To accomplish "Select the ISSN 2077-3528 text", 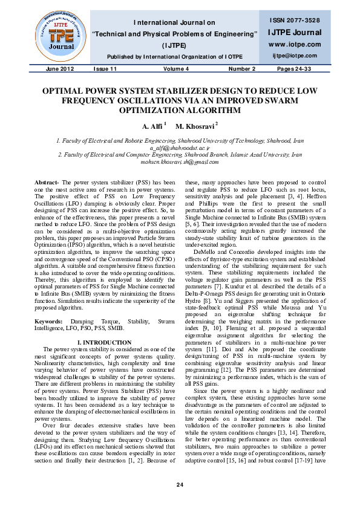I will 296,21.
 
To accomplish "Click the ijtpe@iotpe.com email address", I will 295,56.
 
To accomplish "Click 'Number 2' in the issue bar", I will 241,69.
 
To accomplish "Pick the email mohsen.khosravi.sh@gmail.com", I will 180,163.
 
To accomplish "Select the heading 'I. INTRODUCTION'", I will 103,342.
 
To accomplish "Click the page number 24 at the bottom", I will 180,485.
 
